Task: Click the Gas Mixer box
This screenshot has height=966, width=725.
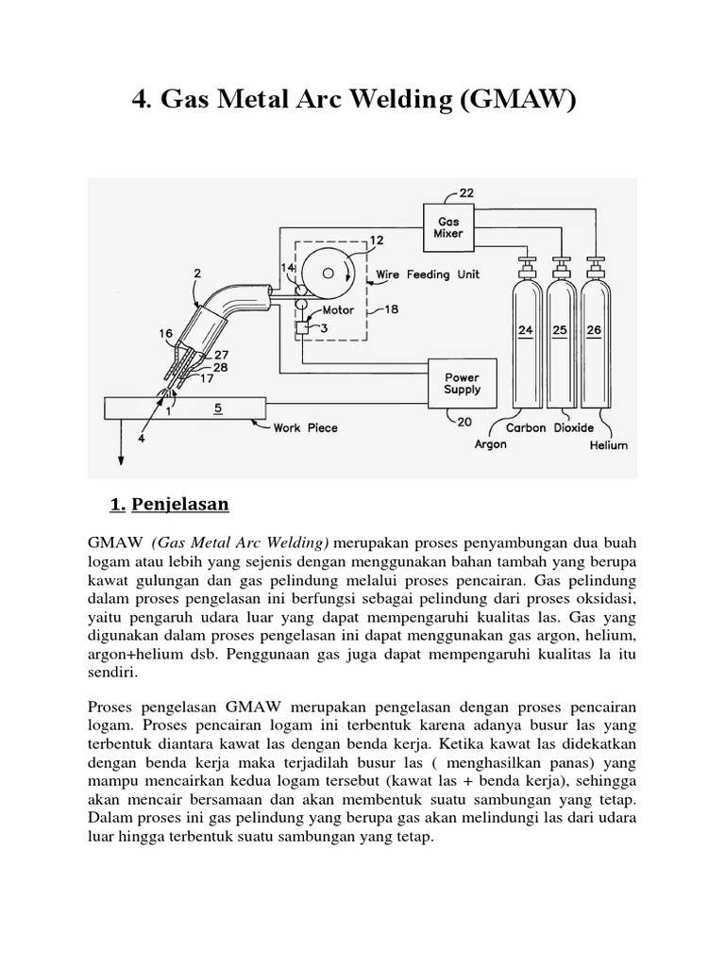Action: pyautogui.click(x=449, y=227)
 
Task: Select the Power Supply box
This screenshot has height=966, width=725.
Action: pyautogui.click(x=462, y=382)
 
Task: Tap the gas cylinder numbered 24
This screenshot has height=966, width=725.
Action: pyautogui.click(x=526, y=330)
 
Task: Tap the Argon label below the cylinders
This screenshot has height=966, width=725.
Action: pyautogui.click(x=490, y=444)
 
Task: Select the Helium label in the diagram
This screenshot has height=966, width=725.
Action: pyautogui.click(x=608, y=445)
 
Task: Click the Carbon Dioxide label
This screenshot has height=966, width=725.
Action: pyautogui.click(x=549, y=427)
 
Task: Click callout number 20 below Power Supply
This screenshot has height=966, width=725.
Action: pyautogui.click(x=464, y=422)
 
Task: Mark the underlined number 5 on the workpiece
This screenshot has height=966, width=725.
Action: pyautogui.click(x=218, y=408)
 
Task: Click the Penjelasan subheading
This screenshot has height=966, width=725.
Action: pyautogui.click(x=179, y=504)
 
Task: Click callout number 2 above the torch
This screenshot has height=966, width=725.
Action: pyautogui.click(x=196, y=274)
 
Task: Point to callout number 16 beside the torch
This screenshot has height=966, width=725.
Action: pyautogui.click(x=166, y=333)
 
